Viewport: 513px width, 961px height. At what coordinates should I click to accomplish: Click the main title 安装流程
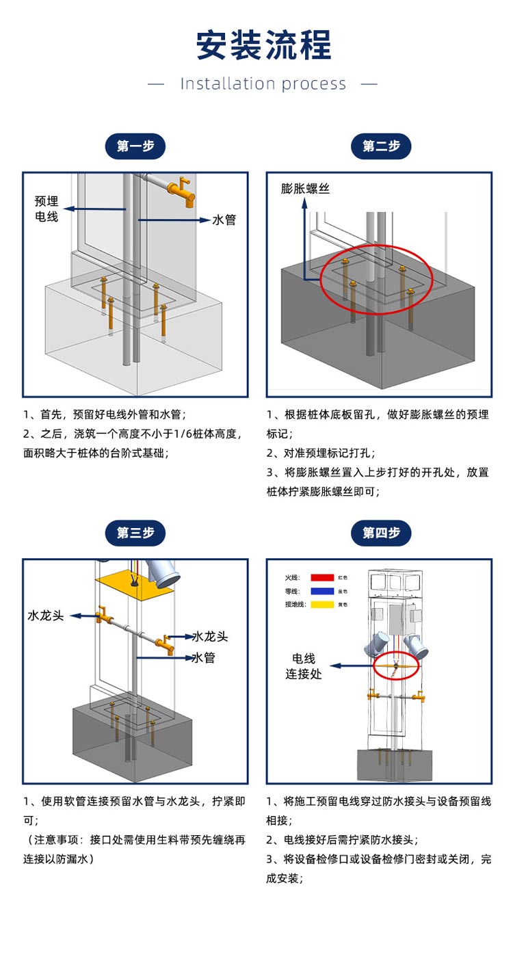click(263, 45)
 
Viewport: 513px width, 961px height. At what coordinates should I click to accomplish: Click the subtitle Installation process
click(263, 84)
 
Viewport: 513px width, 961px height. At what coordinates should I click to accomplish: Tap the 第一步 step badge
click(135, 146)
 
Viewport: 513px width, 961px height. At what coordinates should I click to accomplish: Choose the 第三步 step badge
click(135, 533)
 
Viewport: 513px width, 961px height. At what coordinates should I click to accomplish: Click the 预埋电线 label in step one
click(47, 209)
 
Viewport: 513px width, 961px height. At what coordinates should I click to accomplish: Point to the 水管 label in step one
click(224, 220)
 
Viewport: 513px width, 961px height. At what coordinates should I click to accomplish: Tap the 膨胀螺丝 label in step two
click(305, 189)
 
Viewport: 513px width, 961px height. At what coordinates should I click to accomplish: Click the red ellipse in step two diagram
click(376, 279)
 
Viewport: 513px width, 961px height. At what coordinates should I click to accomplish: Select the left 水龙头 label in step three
click(46, 615)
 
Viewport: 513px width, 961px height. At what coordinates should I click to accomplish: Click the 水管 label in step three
click(204, 658)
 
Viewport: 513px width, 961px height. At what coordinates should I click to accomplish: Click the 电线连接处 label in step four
click(304, 666)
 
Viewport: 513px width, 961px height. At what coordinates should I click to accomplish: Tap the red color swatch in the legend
click(322, 578)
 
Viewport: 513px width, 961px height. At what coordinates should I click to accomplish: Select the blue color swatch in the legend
click(322, 591)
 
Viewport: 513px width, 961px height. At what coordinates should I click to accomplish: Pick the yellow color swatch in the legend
click(322, 604)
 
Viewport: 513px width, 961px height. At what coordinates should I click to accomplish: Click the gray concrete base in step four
click(395, 765)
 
